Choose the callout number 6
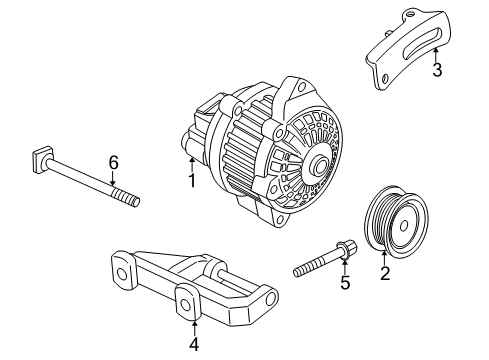(113, 163)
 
